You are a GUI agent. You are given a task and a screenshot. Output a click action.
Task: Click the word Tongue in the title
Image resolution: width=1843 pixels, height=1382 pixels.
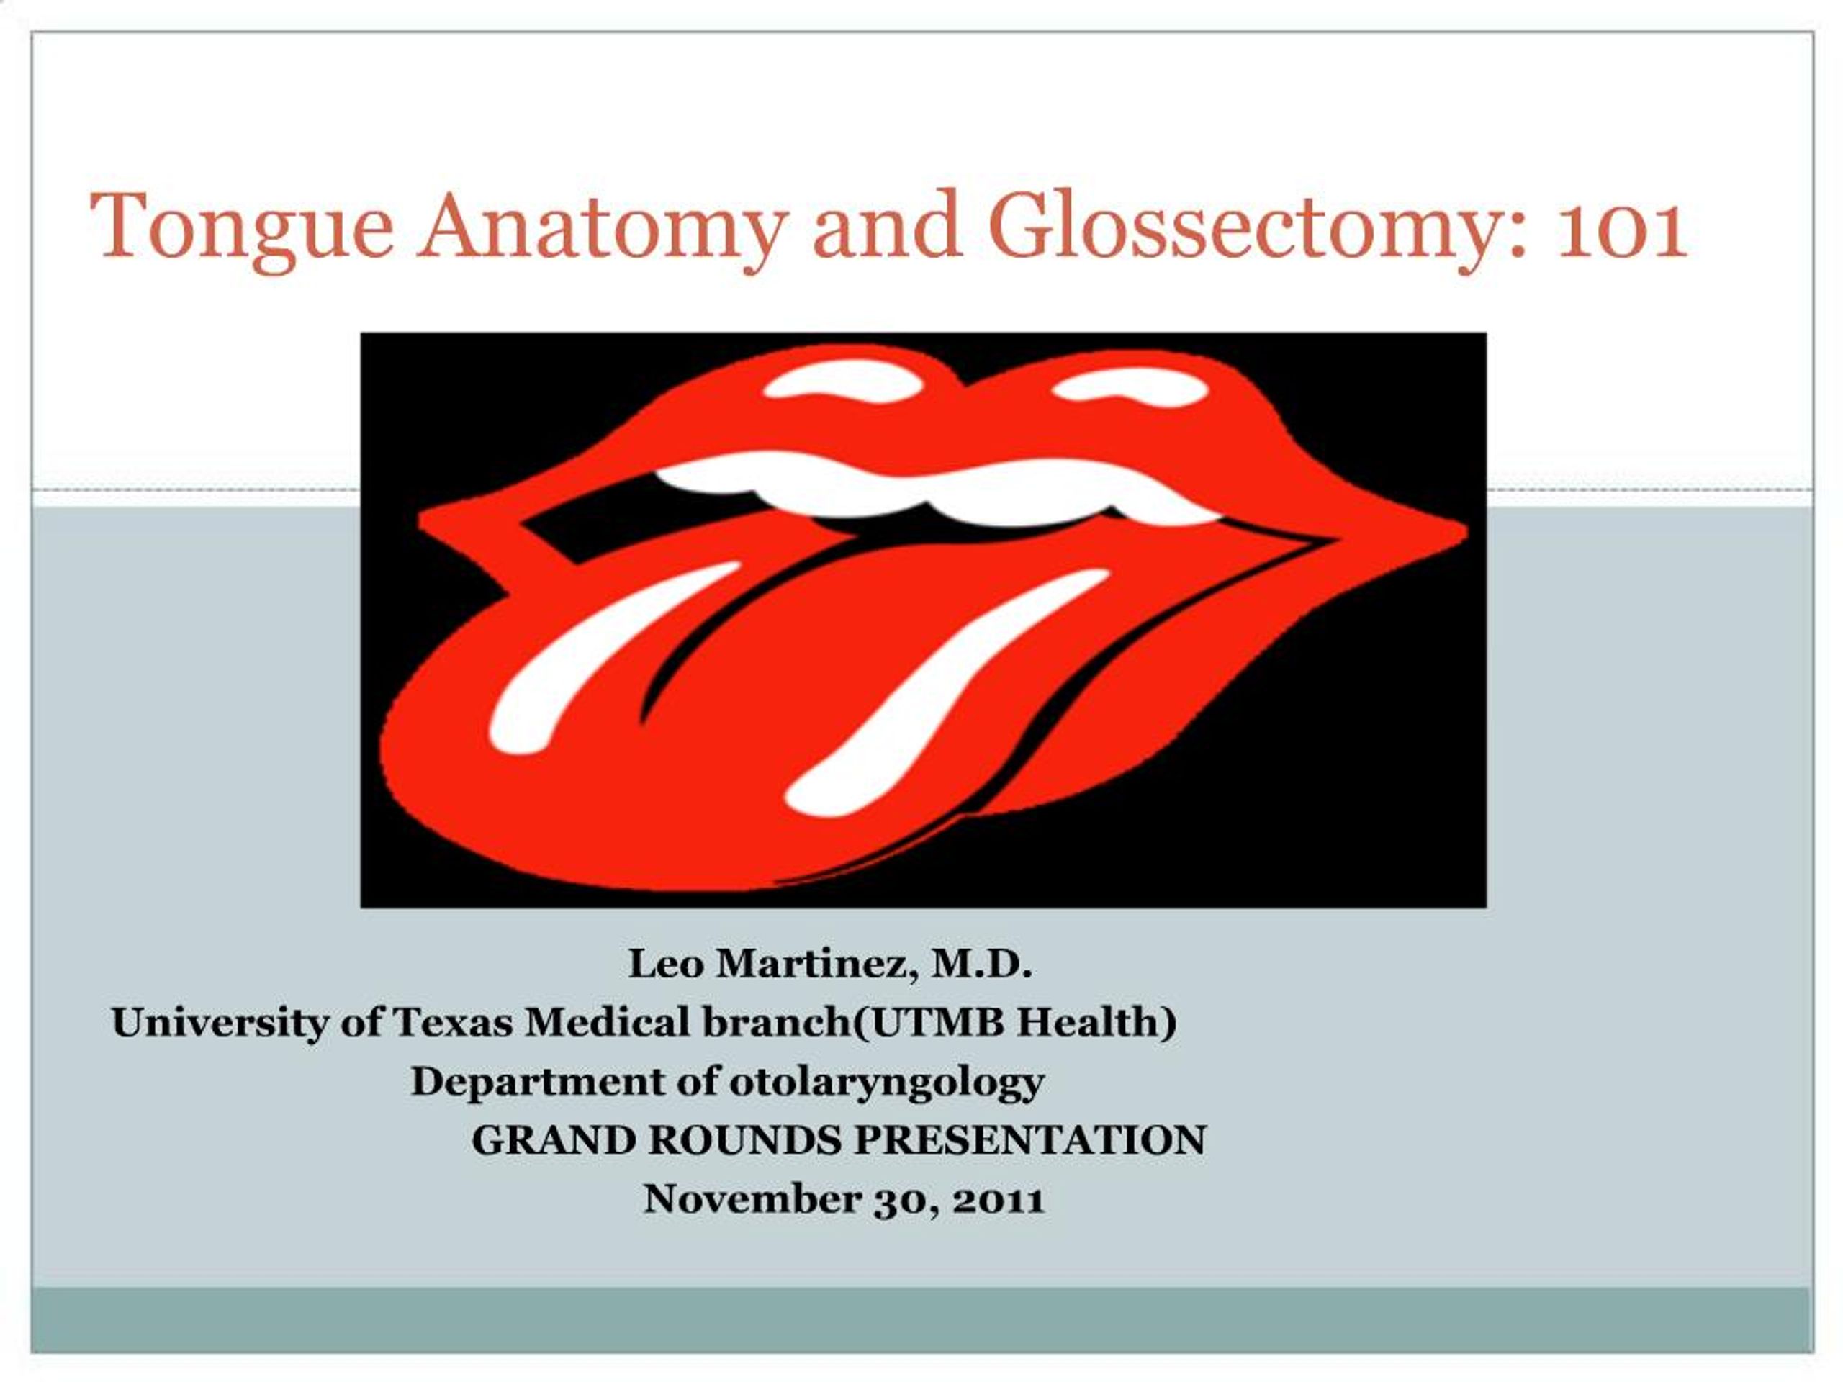[x=242, y=227]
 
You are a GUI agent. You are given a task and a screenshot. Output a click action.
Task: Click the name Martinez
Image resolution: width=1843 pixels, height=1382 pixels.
[x=816, y=965]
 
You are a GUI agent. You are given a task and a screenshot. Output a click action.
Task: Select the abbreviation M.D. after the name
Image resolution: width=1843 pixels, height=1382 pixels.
[x=982, y=965]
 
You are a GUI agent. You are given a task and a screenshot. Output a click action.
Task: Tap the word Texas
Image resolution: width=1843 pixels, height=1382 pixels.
[x=451, y=1023]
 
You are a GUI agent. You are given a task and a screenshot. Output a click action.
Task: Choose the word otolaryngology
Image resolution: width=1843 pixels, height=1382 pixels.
[x=886, y=1082]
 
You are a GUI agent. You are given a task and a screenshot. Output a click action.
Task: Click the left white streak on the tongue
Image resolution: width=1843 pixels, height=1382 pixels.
[x=600, y=658]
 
